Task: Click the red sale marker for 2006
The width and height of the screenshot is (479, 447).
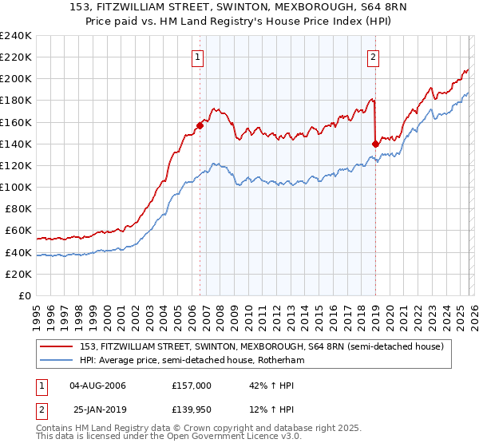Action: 200,125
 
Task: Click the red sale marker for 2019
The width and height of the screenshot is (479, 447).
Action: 375,144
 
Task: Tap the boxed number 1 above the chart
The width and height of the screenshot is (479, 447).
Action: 197,56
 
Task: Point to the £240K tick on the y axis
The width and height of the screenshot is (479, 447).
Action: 16,36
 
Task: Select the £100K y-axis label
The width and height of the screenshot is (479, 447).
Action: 16,187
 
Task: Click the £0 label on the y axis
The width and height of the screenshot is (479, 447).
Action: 24,295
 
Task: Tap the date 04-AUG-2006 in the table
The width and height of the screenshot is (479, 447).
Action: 98,386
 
